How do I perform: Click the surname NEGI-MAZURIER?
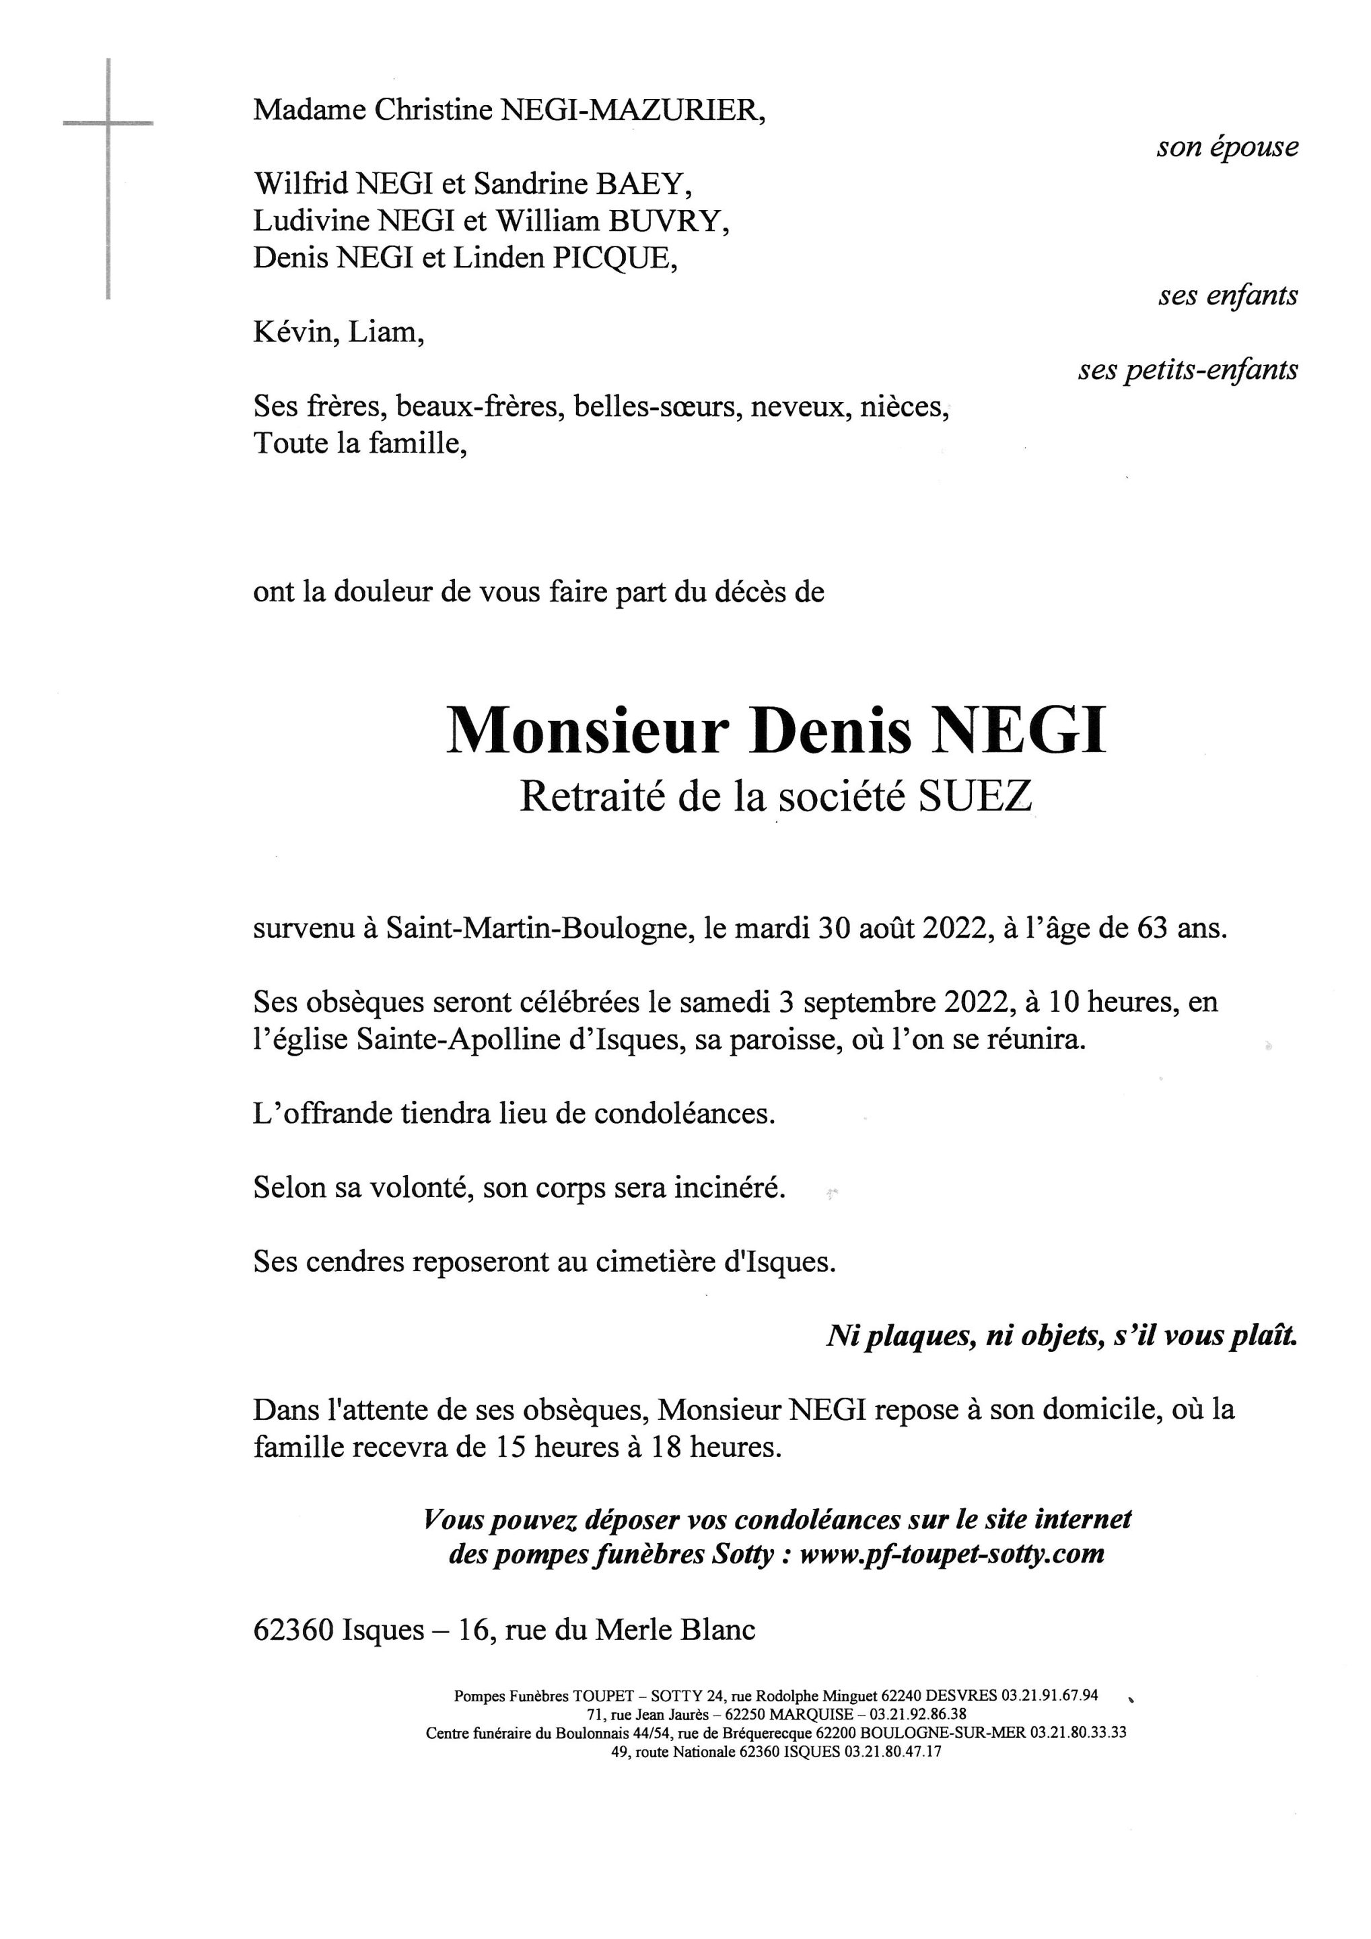tap(633, 110)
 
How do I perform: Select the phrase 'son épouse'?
tap(1227, 148)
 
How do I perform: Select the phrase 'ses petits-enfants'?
tap(1188, 370)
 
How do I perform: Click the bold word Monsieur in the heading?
tap(587, 731)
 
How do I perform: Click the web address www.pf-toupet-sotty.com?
tap(952, 1554)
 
